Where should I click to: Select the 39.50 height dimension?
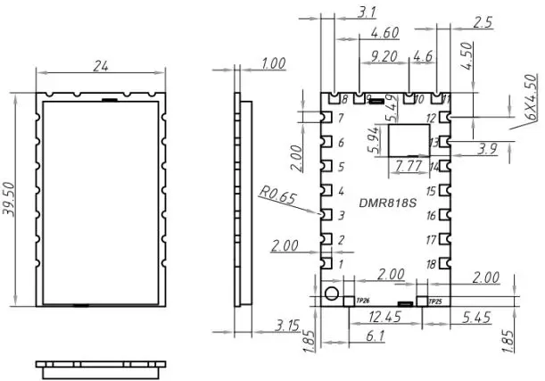click(10, 195)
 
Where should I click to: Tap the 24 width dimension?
click(101, 65)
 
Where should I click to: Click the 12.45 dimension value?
click(384, 318)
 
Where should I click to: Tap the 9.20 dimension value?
click(384, 56)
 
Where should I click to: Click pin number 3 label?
click(340, 215)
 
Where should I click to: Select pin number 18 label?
click(431, 264)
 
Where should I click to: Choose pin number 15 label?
click(431, 192)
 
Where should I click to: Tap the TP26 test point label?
click(362, 302)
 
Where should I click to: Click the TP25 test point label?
click(435, 302)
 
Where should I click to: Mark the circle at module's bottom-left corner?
click(332, 294)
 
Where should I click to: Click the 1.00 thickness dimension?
click(274, 64)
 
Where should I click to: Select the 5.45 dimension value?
click(478, 318)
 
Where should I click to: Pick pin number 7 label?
click(340, 119)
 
